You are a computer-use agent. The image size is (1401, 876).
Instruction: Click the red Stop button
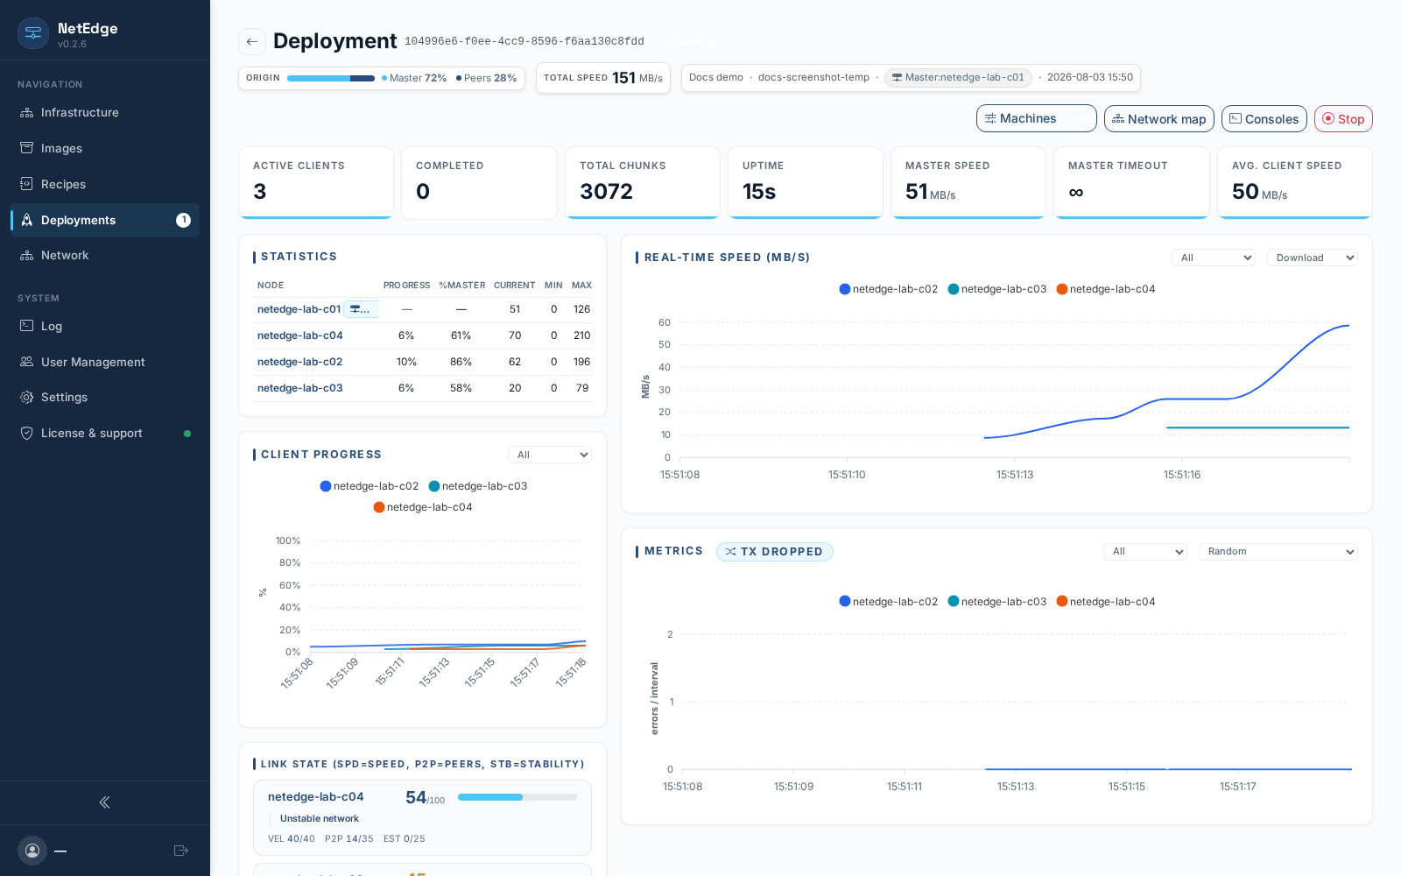tap(1343, 119)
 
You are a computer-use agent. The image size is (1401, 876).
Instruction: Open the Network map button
tap(1158, 119)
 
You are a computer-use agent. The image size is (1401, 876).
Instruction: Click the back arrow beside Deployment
tap(252, 42)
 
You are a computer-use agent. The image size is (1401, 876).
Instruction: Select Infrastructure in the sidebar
tap(80, 113)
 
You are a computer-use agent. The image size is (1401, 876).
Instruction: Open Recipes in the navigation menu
tap(63, 184)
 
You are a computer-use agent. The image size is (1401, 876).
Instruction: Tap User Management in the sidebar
tap(93, 362)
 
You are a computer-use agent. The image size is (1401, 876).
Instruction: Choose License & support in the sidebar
tap(91, 433)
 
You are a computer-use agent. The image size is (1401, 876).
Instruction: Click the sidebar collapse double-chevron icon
tap(104, 802)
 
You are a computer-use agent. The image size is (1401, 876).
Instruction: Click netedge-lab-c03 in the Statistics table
tap(299, 388)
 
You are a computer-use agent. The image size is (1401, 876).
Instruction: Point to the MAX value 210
tap(581, 336)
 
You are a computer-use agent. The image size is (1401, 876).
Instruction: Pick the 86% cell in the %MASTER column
tap(461, 362)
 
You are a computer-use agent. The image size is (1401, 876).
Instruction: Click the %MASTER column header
tap(461, 286)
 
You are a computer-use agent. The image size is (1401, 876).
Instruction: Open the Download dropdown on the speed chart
tap(1313, 258)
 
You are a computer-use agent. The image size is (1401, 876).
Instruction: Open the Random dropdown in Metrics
tap(1278, 551)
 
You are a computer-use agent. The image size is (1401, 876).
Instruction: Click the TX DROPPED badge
tap(774, 551)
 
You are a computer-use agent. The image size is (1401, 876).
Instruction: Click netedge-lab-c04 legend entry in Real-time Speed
tap(1105, 289)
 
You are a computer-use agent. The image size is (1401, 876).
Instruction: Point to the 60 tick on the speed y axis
tap(665, 323)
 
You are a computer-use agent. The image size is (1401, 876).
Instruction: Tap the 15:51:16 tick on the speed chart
tap(1182, 474)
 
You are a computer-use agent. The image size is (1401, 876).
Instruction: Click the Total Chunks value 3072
tap(606, 192)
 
